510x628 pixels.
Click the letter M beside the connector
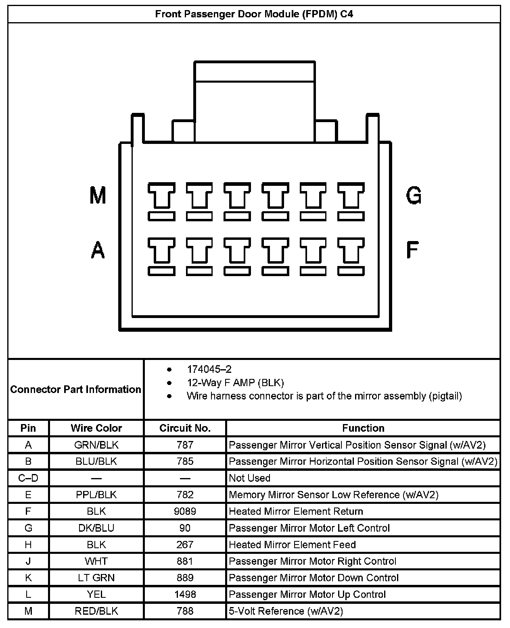[x=98, y=195]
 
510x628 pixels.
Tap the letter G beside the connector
[x=414, y=195]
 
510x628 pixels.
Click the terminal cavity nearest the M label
[x=161, y=201]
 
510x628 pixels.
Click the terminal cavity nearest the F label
[x=351, y=256]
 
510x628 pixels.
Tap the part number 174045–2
[x=209, y=369]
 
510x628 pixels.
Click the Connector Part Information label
[x=75, y=389]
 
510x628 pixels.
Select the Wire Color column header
[x=96, y=428]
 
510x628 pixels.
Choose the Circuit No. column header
[x=185, y=428]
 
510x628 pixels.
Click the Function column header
[x=363, y=428]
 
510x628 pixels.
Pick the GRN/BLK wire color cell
[x=96, y=445]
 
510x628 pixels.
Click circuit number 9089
[x=185, y=512]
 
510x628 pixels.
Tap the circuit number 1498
[x=185, y=595]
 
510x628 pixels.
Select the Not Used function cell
[x=249, y=478]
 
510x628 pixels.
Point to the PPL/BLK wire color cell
[x=96, y=495]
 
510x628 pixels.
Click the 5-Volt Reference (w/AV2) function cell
[x=286, y=611]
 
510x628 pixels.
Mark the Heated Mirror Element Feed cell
[x=292, y=545]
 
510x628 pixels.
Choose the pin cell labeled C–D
[x=28, y=478]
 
